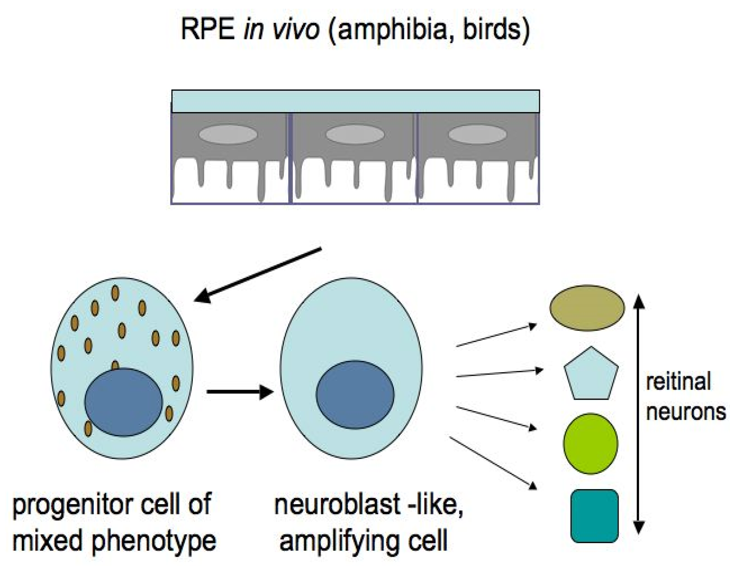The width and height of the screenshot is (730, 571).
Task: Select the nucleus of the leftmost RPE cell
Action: (228, 134)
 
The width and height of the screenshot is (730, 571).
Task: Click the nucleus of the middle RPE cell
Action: (355, 134)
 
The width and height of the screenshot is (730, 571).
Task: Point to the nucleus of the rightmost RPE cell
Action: (478, 134)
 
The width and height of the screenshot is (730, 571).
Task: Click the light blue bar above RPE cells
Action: (355, 101)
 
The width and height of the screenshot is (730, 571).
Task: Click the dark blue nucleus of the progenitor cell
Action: (124, 402)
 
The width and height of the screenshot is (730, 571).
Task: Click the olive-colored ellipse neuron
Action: (587, 307)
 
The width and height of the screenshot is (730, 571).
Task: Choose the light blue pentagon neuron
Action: (591, 375)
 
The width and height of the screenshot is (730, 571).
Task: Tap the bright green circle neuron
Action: (590, 444)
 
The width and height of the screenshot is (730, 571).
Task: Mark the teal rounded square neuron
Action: (594, 516)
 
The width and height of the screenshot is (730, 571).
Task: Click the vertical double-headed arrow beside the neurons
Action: (638, 414)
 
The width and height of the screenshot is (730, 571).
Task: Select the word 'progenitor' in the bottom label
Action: (74, 505)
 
